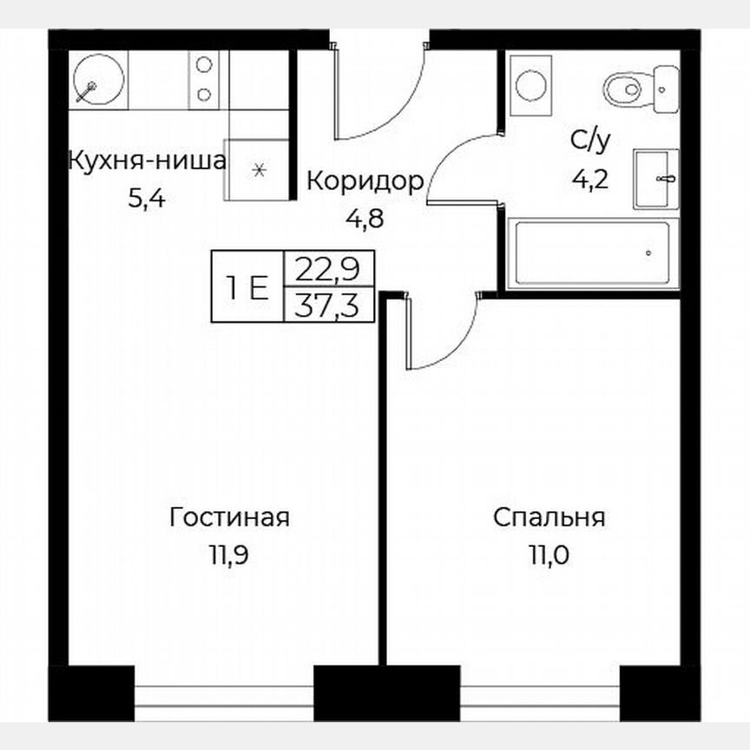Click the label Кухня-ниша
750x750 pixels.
point(147,161)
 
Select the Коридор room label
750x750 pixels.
point(365,181)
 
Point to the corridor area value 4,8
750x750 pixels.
point(365,218)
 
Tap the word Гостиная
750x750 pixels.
point(229,518)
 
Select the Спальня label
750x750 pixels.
point(549,518)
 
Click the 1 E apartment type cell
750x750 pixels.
point(248,286)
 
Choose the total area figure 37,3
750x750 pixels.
point(328,305)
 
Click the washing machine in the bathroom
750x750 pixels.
point(530,85)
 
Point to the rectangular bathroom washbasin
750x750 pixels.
point(655,179)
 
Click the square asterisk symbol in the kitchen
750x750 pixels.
point(258,169)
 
